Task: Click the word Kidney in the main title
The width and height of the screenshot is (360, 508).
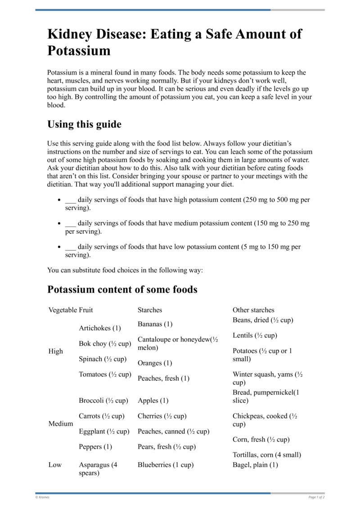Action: click(72, 34)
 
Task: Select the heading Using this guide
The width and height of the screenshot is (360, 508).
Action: click(84, 124)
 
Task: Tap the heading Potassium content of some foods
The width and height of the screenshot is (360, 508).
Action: click(122, 290)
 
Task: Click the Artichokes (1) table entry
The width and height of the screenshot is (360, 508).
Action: click(100, 328)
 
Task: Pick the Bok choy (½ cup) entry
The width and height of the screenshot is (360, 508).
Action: click(105, 343)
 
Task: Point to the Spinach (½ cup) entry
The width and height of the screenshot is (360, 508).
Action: click(103, 359)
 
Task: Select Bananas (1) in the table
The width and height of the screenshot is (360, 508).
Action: click(155, 324)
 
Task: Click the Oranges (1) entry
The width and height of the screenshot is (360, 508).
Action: click(155, 363)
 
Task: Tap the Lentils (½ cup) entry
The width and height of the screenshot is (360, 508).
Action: click(255, 335)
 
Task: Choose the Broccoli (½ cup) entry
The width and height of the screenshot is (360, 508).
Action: click(103, 401)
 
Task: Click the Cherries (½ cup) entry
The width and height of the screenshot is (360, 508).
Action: click(162, 416)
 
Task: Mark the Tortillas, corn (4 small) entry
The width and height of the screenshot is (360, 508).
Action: click(267, 455)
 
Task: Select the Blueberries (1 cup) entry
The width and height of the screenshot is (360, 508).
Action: click(165, 465)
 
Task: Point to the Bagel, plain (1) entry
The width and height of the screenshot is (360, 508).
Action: click(255, 465)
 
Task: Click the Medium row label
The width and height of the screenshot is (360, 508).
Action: click(61, 423)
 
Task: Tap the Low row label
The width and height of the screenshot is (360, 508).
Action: click(55, 465)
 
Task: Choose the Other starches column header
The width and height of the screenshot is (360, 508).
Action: click(253, 310)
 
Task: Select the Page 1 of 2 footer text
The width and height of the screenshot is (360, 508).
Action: click(316, 497)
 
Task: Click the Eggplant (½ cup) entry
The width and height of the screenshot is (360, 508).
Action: click(104, 431)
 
